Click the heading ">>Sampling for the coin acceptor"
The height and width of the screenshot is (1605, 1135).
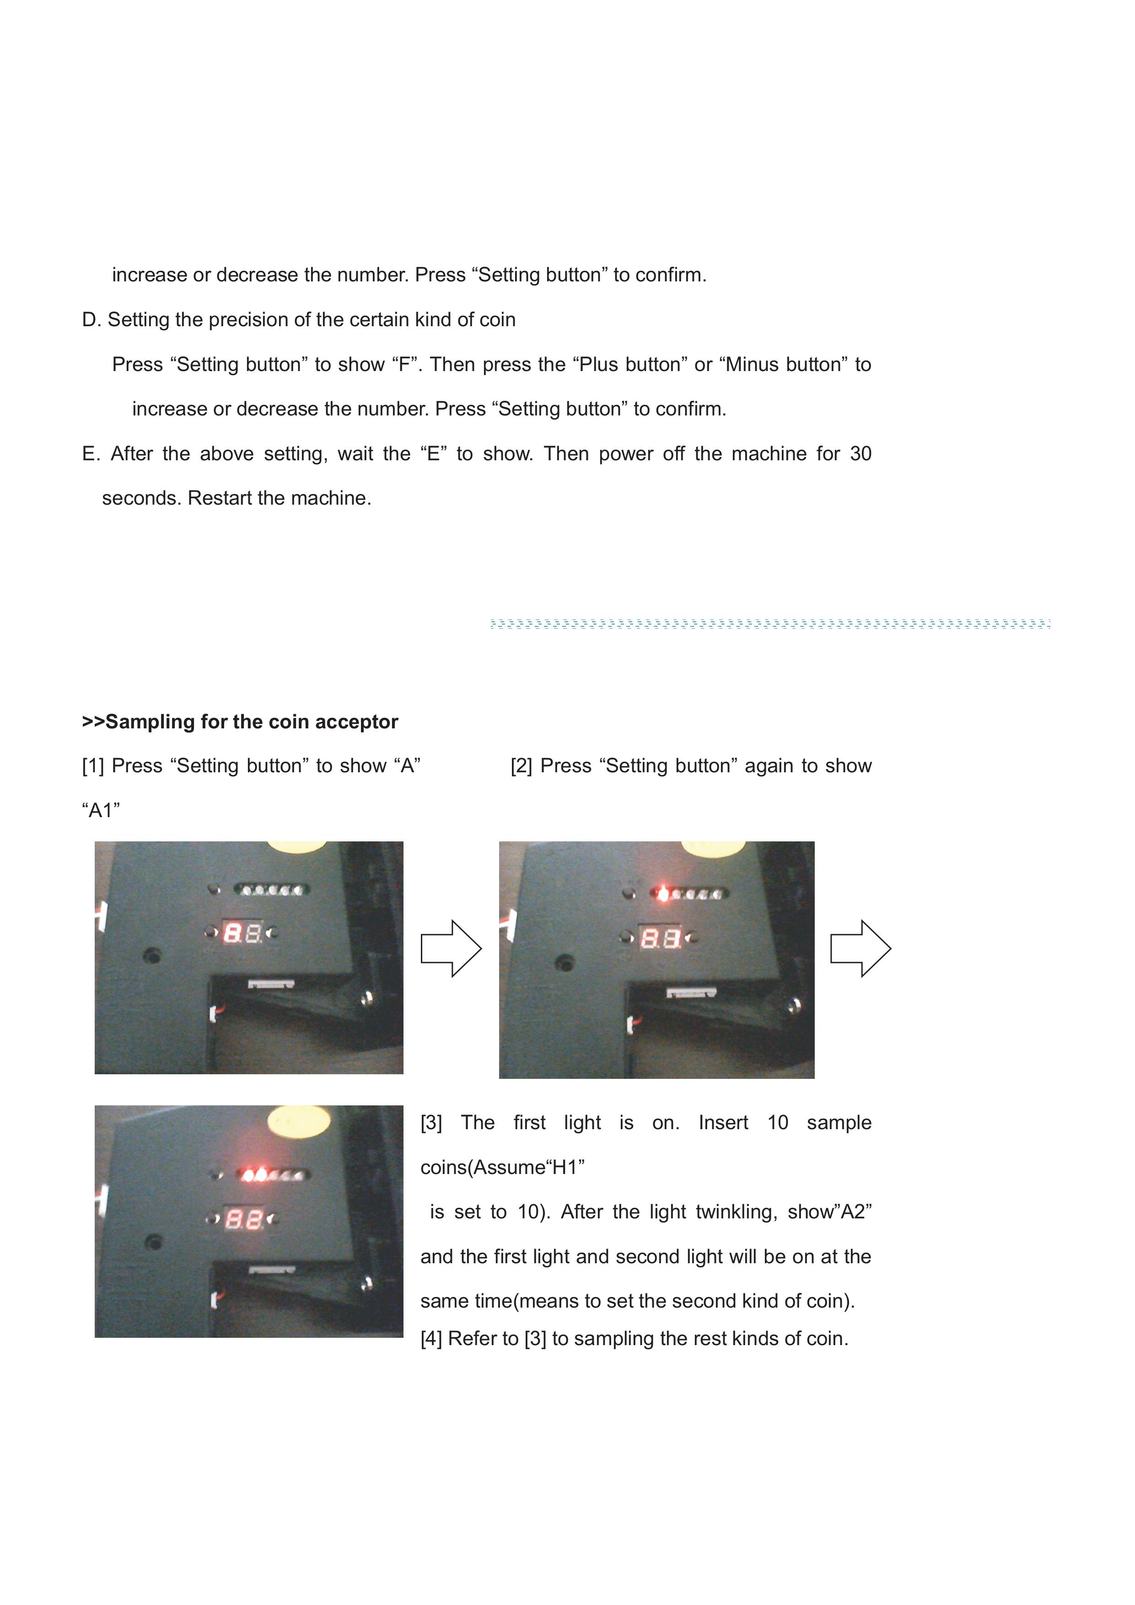(240, 722)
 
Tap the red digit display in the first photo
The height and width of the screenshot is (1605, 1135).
(242, 932)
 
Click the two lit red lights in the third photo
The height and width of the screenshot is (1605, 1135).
(254, 1174)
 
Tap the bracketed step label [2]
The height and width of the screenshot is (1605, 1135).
(522, 766)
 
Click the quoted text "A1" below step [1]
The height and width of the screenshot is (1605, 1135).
(101, 810)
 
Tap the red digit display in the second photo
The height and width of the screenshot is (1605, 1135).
(661, 937)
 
